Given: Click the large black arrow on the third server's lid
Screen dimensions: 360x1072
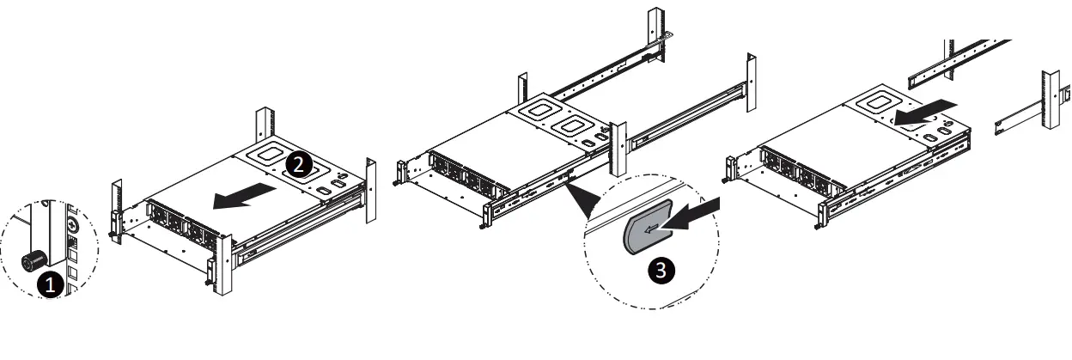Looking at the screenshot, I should pos(922,109).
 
